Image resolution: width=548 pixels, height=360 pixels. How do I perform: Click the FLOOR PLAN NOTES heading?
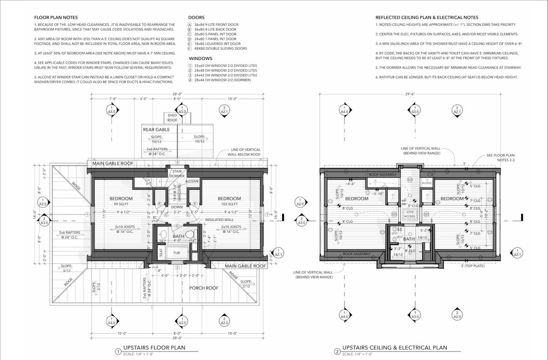(x=56, y=18)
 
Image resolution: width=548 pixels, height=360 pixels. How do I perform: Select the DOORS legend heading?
(x=196, y=18)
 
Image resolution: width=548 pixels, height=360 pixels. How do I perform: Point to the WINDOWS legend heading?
(x=200, y=59)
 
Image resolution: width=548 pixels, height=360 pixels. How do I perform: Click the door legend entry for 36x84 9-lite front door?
(x=216, y=25)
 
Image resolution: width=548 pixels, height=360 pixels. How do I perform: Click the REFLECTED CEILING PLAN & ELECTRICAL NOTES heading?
(x=427, y=18)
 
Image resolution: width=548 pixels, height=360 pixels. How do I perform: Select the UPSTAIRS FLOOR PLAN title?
(x=154, y=348)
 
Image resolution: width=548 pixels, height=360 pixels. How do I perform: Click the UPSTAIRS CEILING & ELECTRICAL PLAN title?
(x=395, y=348)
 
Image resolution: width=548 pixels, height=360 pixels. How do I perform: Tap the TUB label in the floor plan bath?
(x=177, y=253)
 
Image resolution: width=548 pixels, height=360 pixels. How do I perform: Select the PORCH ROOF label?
(x=204, y=288)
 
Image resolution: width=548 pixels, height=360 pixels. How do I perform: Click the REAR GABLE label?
(x=156, y=130)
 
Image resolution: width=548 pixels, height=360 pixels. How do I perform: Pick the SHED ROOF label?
(x=172, y=118)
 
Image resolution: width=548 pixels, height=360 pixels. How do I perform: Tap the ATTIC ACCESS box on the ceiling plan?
(x=409, y=215)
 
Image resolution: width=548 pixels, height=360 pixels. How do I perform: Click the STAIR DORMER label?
(x=176, y=173)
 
